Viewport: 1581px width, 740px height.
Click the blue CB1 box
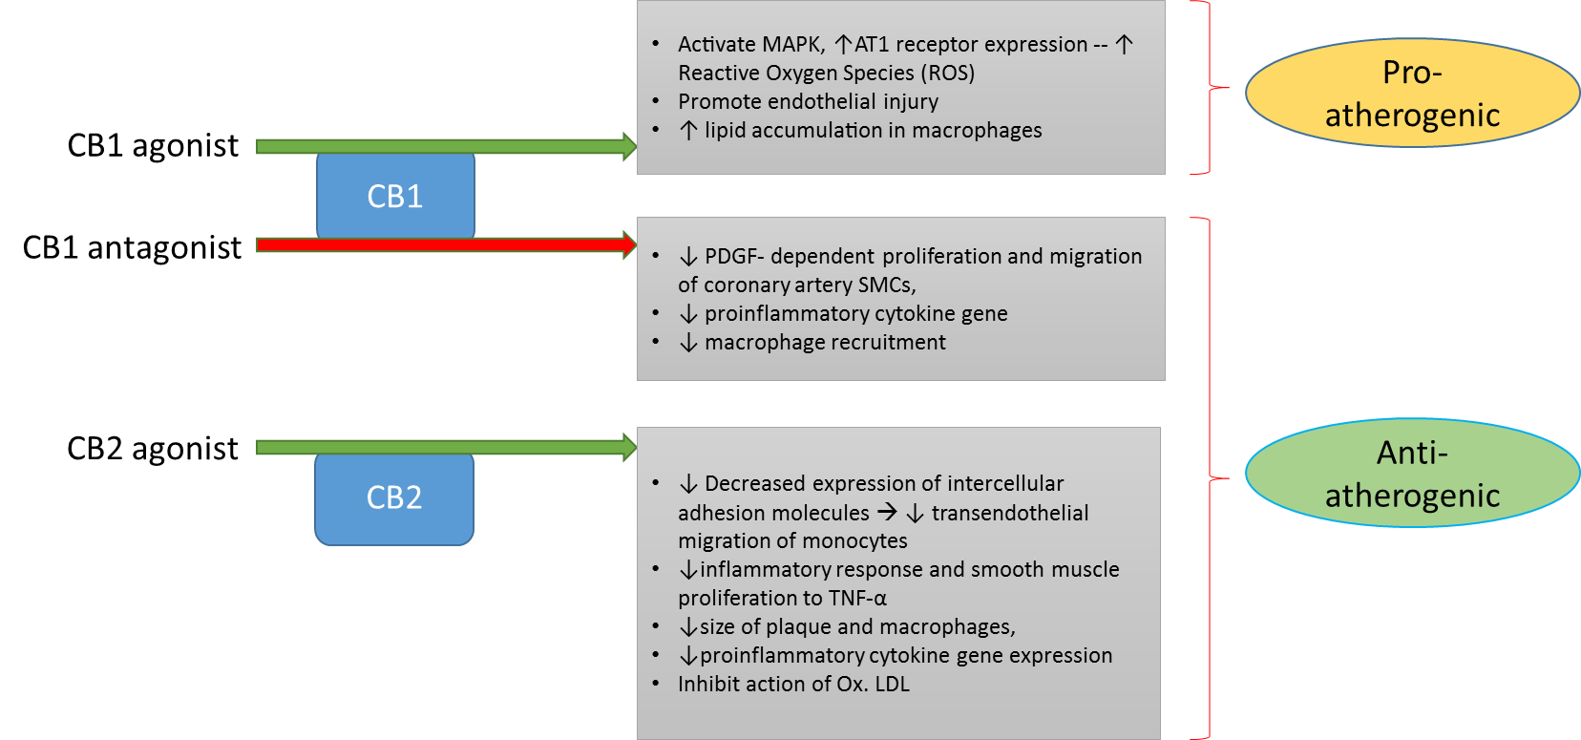[x=395, y=196]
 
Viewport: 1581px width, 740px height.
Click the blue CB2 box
[x=394, y=497]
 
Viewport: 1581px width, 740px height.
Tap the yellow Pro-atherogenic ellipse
[x=1412, y=93]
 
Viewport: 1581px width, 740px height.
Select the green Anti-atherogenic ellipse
[x=1412, y=474]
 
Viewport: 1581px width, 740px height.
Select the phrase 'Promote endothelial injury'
[x=808, y=102]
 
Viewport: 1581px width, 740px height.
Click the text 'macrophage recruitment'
[x=825, y=343]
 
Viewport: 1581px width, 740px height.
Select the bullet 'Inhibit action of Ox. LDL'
[x=793, y=685]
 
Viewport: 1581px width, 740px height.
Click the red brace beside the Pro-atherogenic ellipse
[x=1210, y=88]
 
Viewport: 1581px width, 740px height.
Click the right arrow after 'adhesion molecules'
[x=887, y=513]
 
